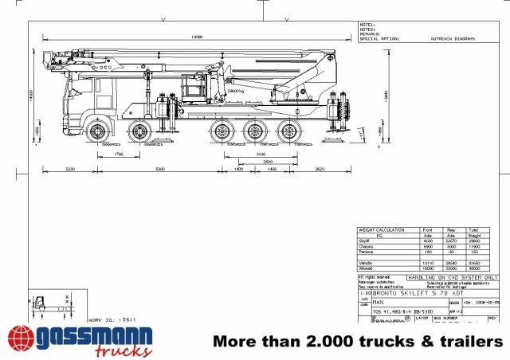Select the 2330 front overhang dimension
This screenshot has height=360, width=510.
point(70,170)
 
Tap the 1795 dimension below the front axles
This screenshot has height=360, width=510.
point(118,154)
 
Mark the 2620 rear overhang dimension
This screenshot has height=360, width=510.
point(319,170)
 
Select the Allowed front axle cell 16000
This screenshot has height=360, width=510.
point(428,268)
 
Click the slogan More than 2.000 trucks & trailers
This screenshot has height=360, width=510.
point(358,341)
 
